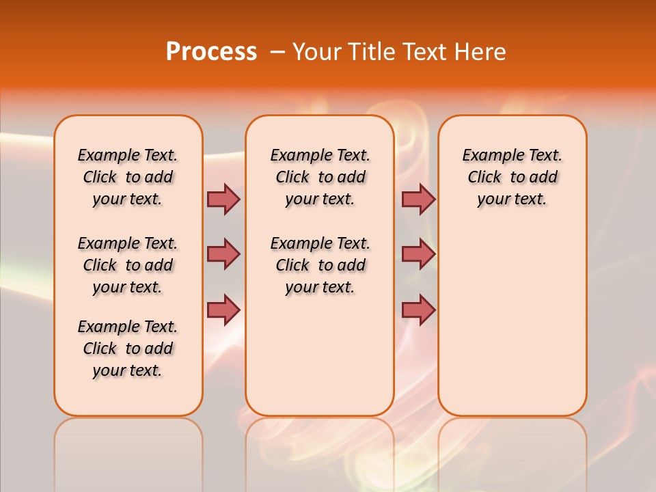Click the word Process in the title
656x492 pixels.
(211, 52)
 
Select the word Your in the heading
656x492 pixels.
(315, 52)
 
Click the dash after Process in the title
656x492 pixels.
(277, 53)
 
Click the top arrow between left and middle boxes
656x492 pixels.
(223, 199)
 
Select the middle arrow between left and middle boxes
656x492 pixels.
(223, 254)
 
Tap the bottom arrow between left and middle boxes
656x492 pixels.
(223, 310)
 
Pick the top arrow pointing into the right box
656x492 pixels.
(418, 199)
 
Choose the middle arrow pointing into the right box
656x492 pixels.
(418, 254)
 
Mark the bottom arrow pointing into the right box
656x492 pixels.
(418, 310)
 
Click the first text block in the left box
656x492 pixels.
(128, 177)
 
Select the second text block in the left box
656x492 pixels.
(128, 265)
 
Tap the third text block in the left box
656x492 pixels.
(128, 348)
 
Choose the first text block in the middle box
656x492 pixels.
(320, 177)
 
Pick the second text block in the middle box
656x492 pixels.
(320, 265)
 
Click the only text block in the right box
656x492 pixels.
(512, 177)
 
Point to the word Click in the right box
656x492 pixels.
(484, 178)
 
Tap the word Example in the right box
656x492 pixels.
(489, 156)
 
